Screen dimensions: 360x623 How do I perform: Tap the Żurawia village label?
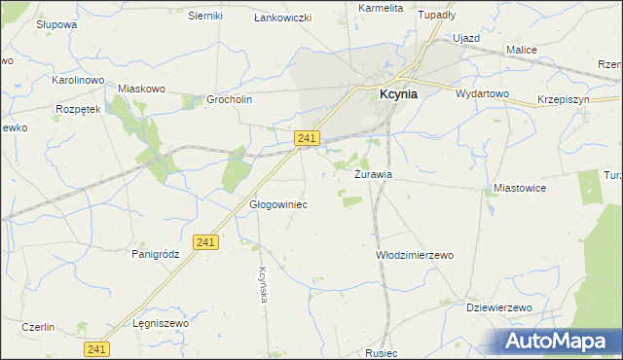pos(374,175)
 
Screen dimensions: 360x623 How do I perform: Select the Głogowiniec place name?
pos(279,205)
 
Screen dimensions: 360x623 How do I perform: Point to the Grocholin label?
pos(231,99)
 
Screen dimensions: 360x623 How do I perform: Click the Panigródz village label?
pos(157,254)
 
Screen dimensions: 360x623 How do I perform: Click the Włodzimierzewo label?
pos(415,255)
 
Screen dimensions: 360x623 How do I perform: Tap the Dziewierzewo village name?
pos(498,307)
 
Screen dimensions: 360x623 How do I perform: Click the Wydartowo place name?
pos(483,93)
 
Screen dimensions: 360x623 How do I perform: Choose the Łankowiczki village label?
pos(281,18)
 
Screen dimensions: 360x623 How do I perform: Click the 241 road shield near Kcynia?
pos(307,140)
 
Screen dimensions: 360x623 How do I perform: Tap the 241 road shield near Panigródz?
pos(204,242)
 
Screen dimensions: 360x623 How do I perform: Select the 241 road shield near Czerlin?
pos(95,348)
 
